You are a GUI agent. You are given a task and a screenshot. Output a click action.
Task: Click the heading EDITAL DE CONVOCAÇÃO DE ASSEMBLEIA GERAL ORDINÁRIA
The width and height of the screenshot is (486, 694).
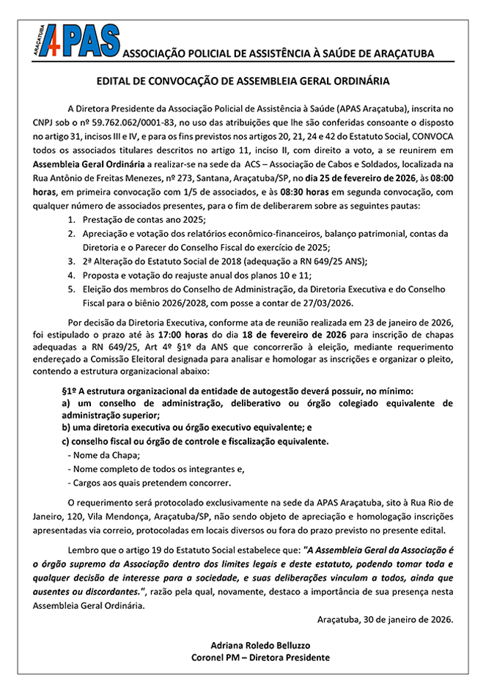click(x=243, y=81)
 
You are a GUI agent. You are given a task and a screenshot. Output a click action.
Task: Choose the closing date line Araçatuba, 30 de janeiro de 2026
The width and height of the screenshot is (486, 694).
click(x=386, y=619)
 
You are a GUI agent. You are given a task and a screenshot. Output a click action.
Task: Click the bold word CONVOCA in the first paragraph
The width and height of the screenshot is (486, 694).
click(x=427, y=136)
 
